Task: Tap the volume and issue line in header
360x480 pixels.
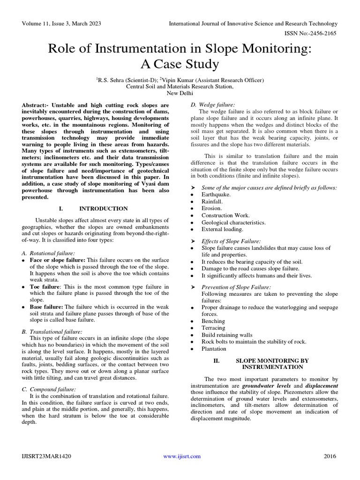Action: [61, 23]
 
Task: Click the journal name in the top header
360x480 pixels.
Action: [253, 23]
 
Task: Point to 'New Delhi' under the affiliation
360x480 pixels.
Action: [180, 93]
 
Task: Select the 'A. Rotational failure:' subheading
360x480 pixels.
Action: [48, 253]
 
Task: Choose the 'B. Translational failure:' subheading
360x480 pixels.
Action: [52, 331]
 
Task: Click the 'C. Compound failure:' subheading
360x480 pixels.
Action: [49, 389]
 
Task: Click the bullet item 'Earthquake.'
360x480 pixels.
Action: [216, 194]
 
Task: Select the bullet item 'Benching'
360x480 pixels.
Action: [213, 321]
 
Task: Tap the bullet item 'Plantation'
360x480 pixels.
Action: [214, 349]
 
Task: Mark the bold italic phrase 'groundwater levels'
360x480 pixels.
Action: [266, 385]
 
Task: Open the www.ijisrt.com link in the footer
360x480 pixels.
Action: [182, 456]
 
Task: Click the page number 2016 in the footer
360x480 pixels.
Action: [330, 456]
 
